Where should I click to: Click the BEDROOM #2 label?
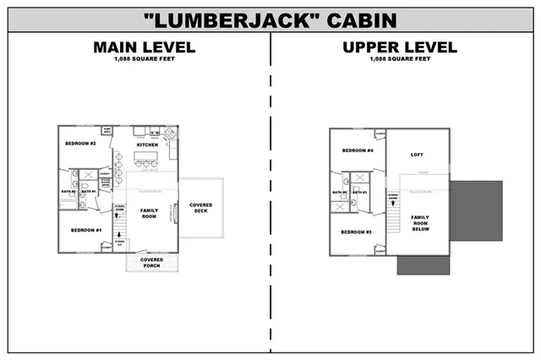(81, 145)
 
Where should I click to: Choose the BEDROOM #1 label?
(85, 230)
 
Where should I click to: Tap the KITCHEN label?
(147, 145)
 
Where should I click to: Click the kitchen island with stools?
(146, 164)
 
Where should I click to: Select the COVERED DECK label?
(201, 208)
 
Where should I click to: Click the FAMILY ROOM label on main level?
(149, 213)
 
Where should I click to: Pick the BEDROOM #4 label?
(357, 150)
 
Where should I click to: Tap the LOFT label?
(417, 155)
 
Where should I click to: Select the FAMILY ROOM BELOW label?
(420, 222)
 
